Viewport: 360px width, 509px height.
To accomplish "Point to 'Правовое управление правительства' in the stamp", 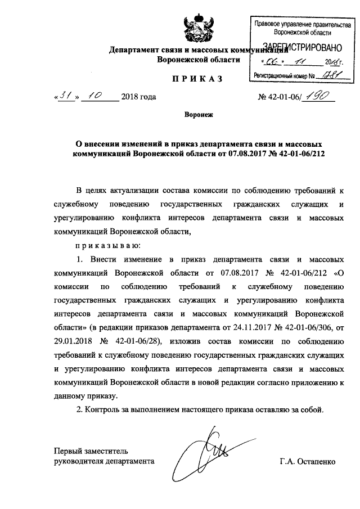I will [x=298, y=25].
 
